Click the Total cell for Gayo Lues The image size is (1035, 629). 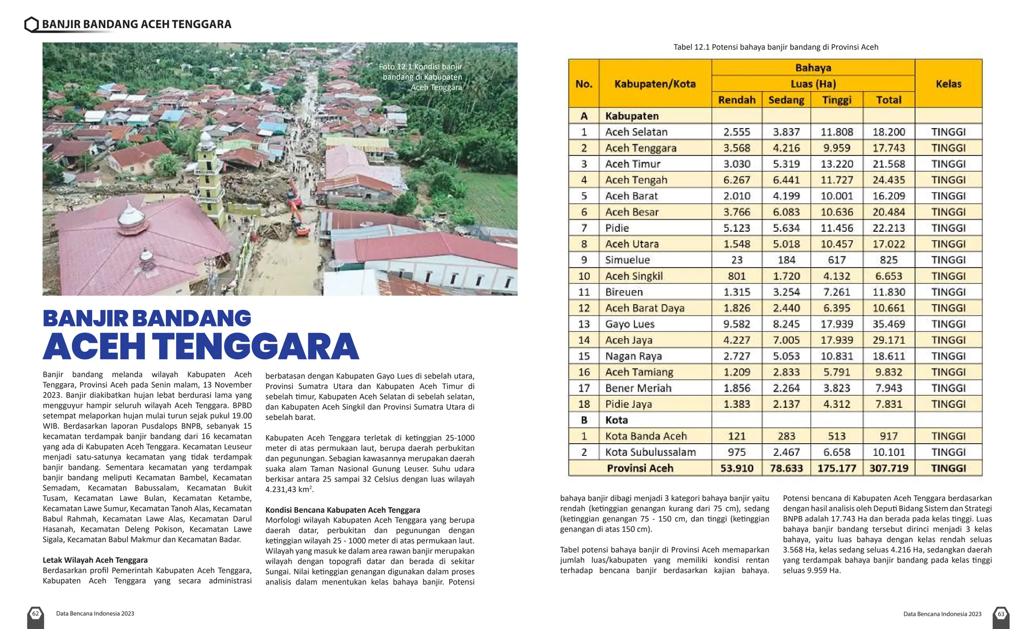[888, 324]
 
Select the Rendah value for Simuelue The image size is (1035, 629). [736, 260]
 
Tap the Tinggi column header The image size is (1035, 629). [836, 100]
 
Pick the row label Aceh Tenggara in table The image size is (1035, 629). [640, 148]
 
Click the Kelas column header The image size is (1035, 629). [948, 84]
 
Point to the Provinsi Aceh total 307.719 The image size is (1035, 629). [888, 468]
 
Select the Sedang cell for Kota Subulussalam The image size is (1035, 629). [786, 452]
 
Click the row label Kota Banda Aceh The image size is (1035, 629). [646, 436]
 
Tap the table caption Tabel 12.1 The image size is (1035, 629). [776, 47]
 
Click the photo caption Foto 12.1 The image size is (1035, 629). [420, 77]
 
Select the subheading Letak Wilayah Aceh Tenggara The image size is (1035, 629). [95, 560]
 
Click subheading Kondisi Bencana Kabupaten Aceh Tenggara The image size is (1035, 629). [343, 510]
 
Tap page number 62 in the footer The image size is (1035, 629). [35, 614]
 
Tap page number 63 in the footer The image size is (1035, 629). [1001, 614]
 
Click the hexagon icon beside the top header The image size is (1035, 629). [31, 24]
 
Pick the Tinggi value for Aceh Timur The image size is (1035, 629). [836, 164]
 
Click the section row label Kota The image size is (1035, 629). [617, 420]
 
